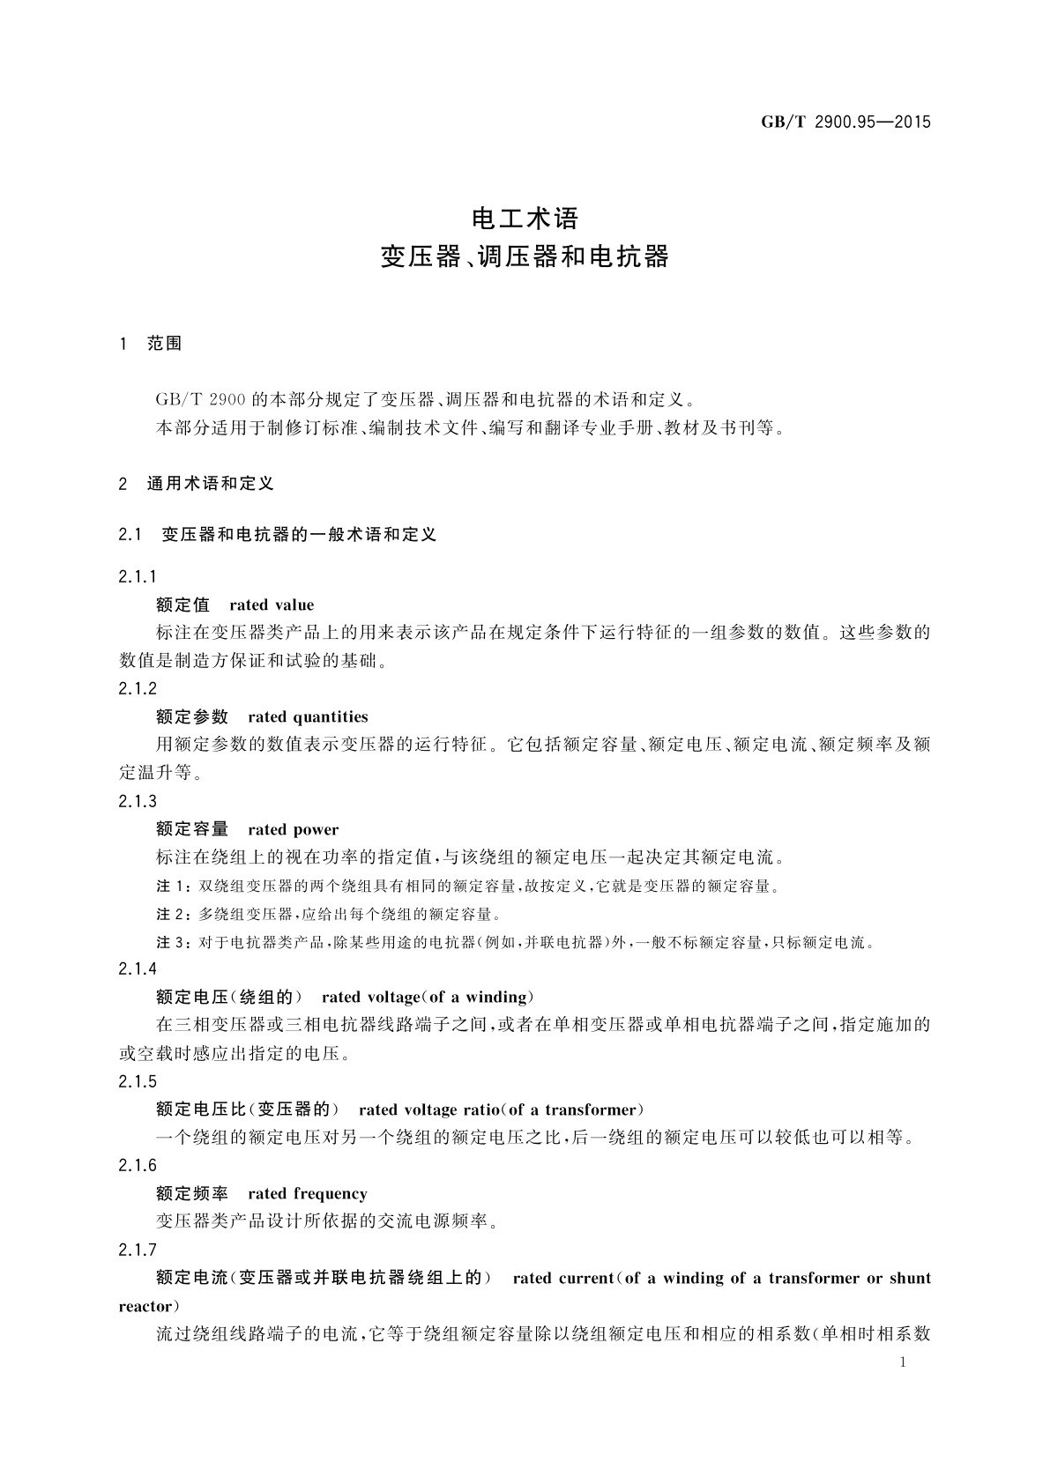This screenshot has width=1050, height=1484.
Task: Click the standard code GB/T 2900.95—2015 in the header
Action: coord(845,122)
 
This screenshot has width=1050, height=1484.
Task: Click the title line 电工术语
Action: coord(525,217)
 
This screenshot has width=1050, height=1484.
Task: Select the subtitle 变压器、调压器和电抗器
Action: coord(525,257)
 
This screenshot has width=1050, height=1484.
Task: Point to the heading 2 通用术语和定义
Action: coord(196,484)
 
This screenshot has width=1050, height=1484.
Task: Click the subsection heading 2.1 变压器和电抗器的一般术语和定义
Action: coord(277,534)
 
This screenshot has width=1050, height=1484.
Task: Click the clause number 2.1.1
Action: coord(138,577)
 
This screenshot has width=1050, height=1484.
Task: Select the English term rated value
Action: coord(272,605)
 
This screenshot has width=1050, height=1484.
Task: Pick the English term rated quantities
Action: coord(308,716)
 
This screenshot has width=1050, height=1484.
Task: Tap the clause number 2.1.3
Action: coord(138,801)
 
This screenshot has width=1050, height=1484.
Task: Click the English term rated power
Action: coord(294,829)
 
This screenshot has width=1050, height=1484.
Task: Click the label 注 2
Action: coord(172,915)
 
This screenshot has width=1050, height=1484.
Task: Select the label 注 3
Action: coord(172,943)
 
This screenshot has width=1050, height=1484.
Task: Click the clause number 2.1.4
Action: coord(138,969)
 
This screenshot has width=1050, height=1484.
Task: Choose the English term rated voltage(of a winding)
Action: coord(428,998)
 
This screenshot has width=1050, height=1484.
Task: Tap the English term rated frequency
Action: coord(308,1194)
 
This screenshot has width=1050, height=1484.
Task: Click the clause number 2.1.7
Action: coord(138,1250)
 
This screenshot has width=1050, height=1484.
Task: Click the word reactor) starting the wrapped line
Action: coord(149,1306)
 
